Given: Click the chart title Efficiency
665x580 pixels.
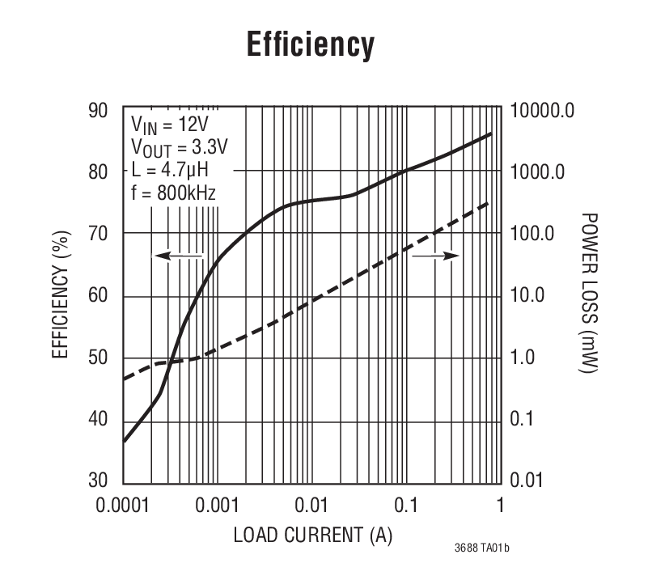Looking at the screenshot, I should click(311, 45).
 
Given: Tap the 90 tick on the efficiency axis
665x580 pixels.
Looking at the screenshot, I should click(98, 110).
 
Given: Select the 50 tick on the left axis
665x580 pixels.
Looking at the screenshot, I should click(98, 358).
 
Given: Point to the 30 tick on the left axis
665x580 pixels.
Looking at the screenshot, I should click(98, 481).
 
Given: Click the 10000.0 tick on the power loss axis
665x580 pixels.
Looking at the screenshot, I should click(542, 110).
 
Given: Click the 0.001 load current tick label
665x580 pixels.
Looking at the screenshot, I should click(217, 506).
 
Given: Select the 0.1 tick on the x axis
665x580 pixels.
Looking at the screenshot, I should click(405, 506).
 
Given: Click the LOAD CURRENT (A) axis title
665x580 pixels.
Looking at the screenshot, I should click(312, 536).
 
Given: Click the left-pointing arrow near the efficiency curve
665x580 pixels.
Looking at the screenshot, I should click(179, 256).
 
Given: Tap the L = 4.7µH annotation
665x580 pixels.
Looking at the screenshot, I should click(170, 171).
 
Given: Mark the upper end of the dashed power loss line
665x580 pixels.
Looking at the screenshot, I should click(490, 202).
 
